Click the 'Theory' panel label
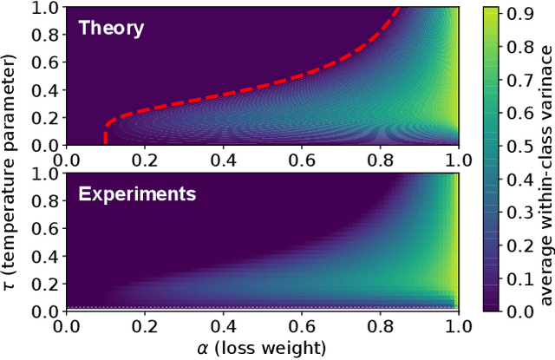click(111, 27)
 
